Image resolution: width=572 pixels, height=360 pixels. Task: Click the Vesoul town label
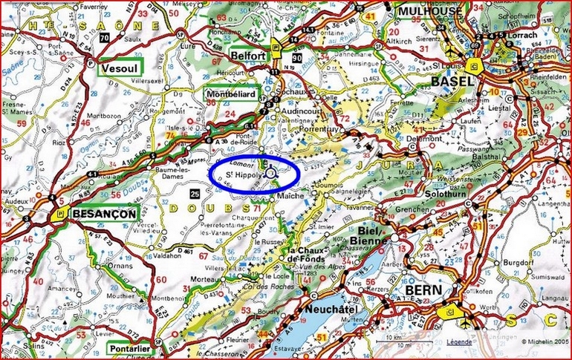click(119, 68)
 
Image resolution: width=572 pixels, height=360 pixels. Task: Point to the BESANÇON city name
click(105, 214)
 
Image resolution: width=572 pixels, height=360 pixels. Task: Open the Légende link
click(458, 342)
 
